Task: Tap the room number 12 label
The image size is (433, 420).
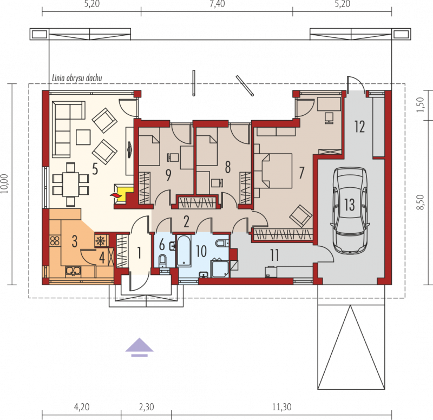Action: point(359,127)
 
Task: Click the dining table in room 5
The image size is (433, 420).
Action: point(70,184)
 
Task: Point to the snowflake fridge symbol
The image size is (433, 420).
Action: point(101,241)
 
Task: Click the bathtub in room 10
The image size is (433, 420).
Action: point(183,251)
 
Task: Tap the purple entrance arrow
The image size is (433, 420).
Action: point(139,347)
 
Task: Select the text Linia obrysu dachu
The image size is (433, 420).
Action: point(77,78)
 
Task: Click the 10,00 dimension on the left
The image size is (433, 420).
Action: point(5,183)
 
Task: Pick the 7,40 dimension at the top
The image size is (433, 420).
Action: point(217,4)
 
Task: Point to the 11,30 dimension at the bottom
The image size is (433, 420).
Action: point(281,407)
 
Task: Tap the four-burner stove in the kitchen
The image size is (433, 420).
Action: point(55,241)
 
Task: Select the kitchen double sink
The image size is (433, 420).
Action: point(73,271)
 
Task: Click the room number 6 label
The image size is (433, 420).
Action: point(162,245)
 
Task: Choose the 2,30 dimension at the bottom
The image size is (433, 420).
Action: point(146,407)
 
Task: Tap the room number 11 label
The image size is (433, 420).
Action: point(274,255)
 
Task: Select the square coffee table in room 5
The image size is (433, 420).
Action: point(83,137)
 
